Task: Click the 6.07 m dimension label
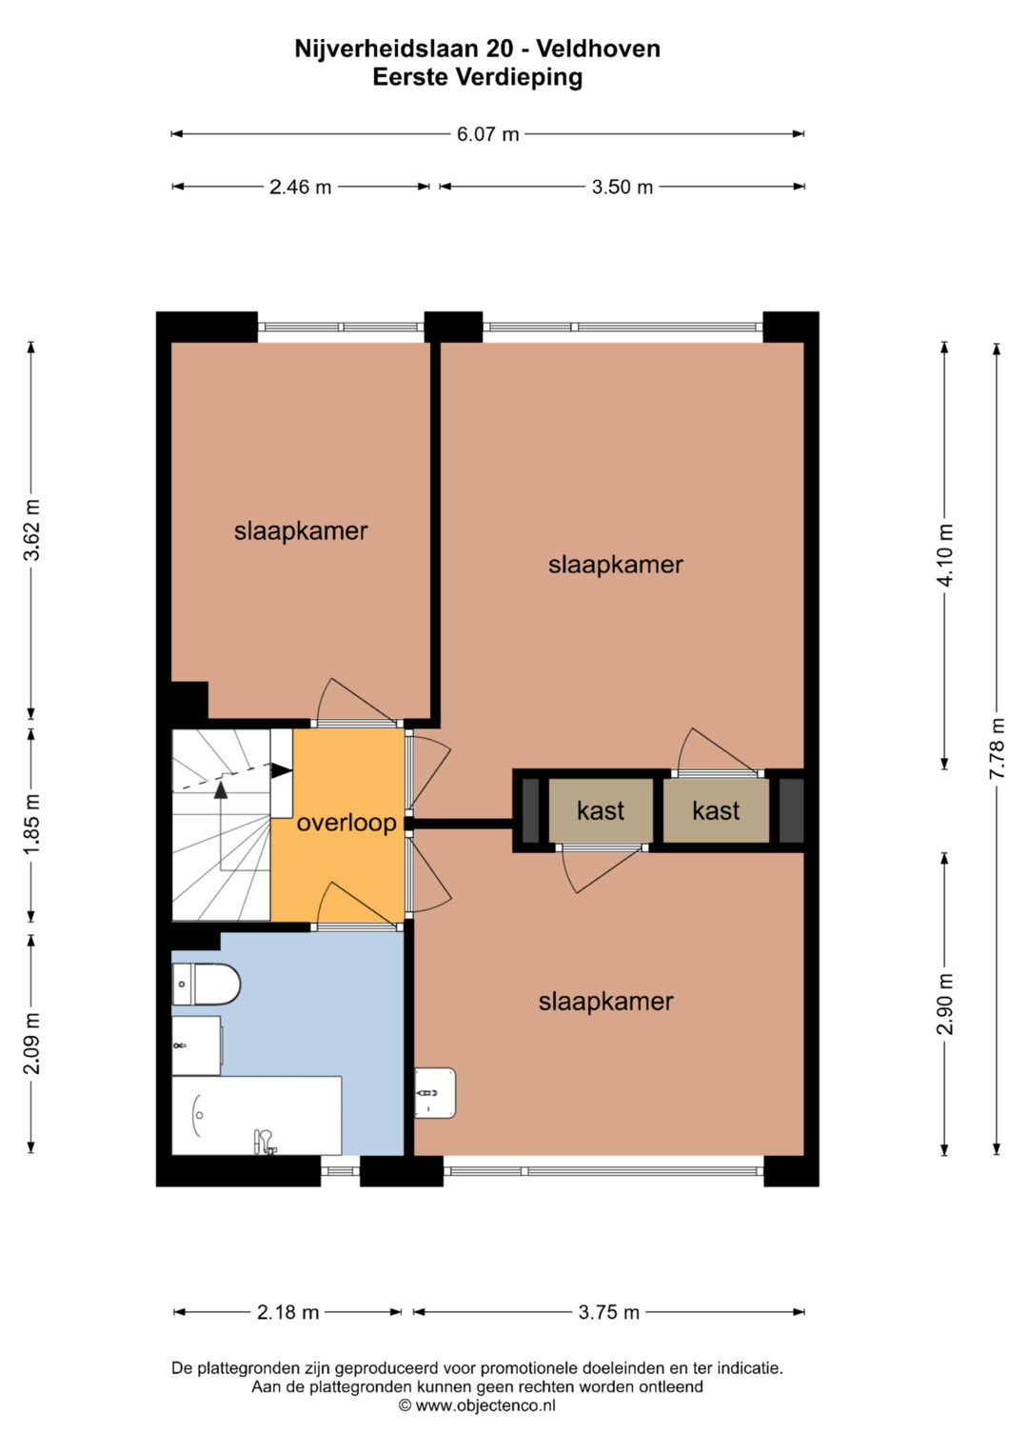[x=487, y=134]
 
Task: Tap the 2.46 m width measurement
[x=301, y=187]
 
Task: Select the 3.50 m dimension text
[x=622, y=187]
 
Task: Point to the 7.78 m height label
[x=997, y=748]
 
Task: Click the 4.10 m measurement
[x=945, y=555]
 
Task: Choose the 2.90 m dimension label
[x=945, y=1004]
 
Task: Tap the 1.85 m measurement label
[x=31, y=824]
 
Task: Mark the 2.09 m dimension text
[x=31, y=1043]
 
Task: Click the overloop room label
[x=346, y=823]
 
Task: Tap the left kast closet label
[x=601, y=810]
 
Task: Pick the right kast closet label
[x=716, y=810]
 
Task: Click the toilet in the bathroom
[x=206, y=984]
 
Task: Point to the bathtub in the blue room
[x=256, y=1115]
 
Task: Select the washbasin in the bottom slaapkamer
[x=435, y=1093]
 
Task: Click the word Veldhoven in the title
[x=599, y=49]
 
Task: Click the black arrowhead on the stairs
[x=281, y=770]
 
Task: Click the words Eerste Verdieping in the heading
[x=478, y=77]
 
